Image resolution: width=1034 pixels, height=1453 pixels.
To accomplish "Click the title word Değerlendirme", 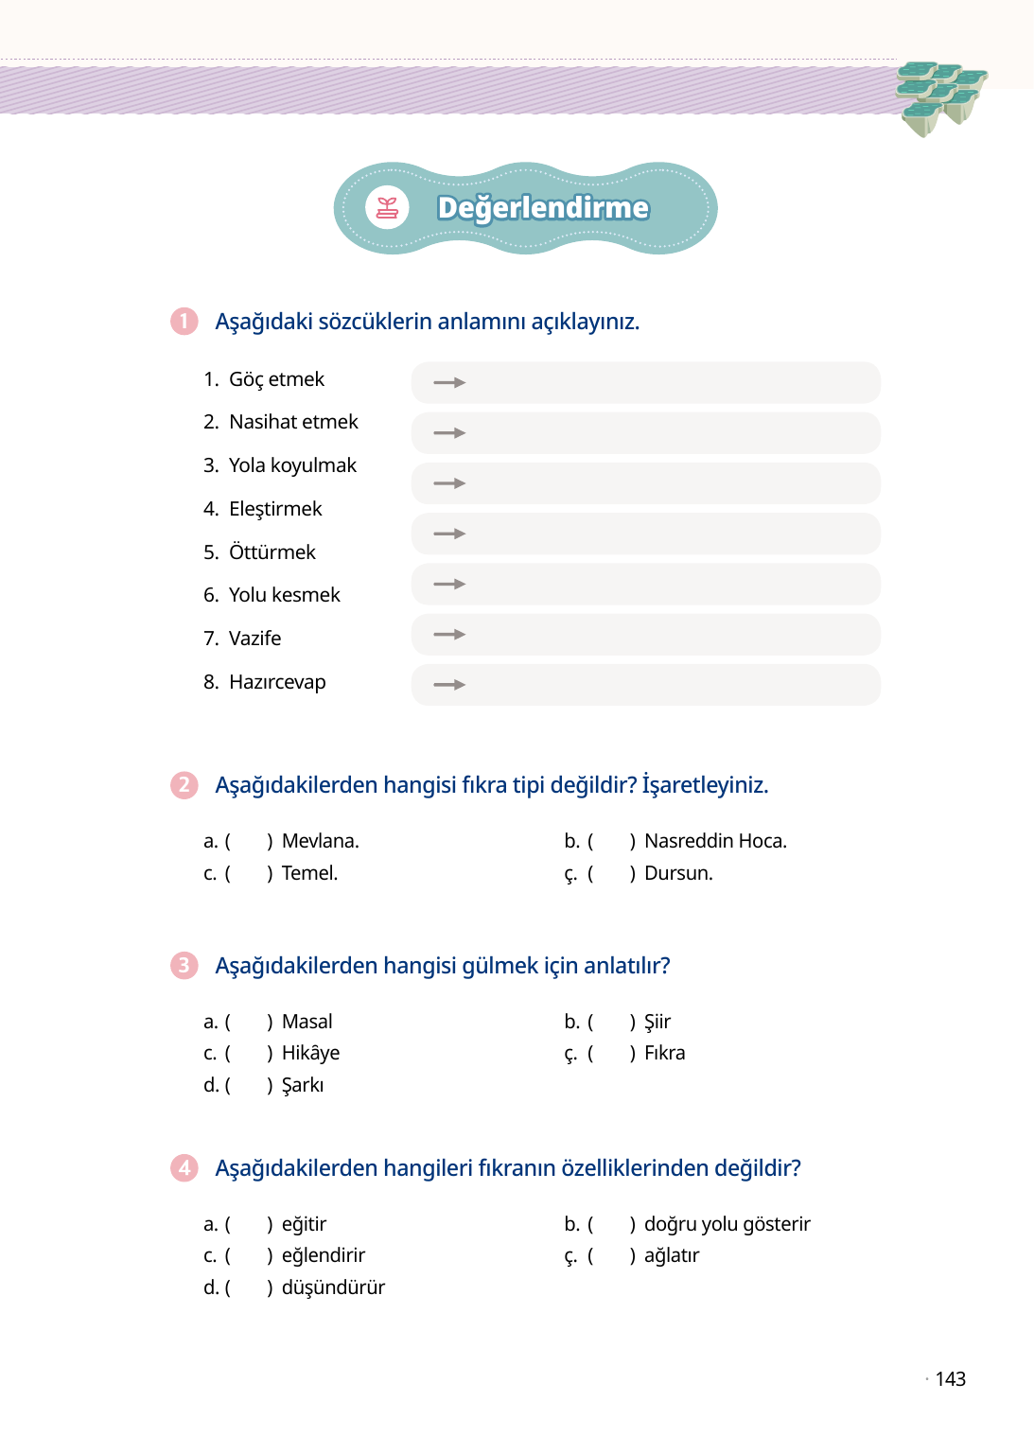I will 543,208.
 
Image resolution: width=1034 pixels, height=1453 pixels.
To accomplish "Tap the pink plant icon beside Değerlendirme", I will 387,208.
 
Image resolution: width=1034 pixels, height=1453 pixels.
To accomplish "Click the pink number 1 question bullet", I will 184,322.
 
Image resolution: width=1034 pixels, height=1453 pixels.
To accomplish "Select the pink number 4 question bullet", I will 184,1168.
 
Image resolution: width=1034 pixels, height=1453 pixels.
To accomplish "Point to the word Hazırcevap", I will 277,682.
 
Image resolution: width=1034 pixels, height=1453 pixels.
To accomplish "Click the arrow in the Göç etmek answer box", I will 449,383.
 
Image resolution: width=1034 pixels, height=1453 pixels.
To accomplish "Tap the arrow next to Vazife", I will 449,635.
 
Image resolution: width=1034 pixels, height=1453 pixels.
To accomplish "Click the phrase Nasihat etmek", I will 293,422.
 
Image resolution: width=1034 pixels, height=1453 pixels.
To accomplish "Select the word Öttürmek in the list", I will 272,552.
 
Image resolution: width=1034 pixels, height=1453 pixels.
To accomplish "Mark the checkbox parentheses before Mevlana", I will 249,841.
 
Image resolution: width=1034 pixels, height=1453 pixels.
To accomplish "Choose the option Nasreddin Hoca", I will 715,841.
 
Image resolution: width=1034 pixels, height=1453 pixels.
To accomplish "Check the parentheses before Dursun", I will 611,873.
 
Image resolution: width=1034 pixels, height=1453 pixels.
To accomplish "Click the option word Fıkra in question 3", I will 664,1053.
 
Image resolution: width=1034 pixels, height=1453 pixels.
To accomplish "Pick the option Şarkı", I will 303,1085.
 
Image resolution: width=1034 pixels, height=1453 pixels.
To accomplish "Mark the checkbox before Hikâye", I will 249,1053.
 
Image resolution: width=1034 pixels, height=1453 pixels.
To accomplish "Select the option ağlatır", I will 672,1255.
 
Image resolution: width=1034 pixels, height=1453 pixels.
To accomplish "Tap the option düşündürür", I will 333,1287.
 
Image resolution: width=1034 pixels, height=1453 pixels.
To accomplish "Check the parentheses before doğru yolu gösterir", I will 611,1224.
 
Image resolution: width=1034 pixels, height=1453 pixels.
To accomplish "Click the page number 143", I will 950,1379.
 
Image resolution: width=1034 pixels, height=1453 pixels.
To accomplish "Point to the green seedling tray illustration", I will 939,96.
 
